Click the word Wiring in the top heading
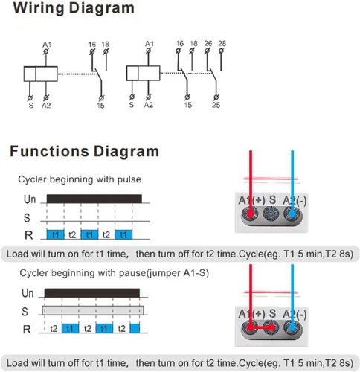coord(39,8)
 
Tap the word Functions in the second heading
coord(49,151)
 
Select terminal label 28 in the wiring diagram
coord(222,44)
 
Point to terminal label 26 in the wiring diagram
coord(208,44)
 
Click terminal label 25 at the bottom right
coord(216,105)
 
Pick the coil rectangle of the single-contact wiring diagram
coord(41,74)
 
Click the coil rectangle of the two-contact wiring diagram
coord(143,73)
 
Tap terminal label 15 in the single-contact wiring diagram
coord(100,106)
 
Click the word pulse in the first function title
coord(129,179)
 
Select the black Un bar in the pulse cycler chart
coord(94,199)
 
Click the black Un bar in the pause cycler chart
coord(92,293)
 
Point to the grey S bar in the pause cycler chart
coord(93,310)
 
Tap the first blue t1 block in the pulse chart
coord(55,234)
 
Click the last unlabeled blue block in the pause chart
coord(135,328)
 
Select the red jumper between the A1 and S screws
coord(261,327)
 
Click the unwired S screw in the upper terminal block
coord(271,214)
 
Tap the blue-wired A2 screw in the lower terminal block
coord(292,327)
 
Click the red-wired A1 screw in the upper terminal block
coord(250,214)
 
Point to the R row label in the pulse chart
coord(28,235)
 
